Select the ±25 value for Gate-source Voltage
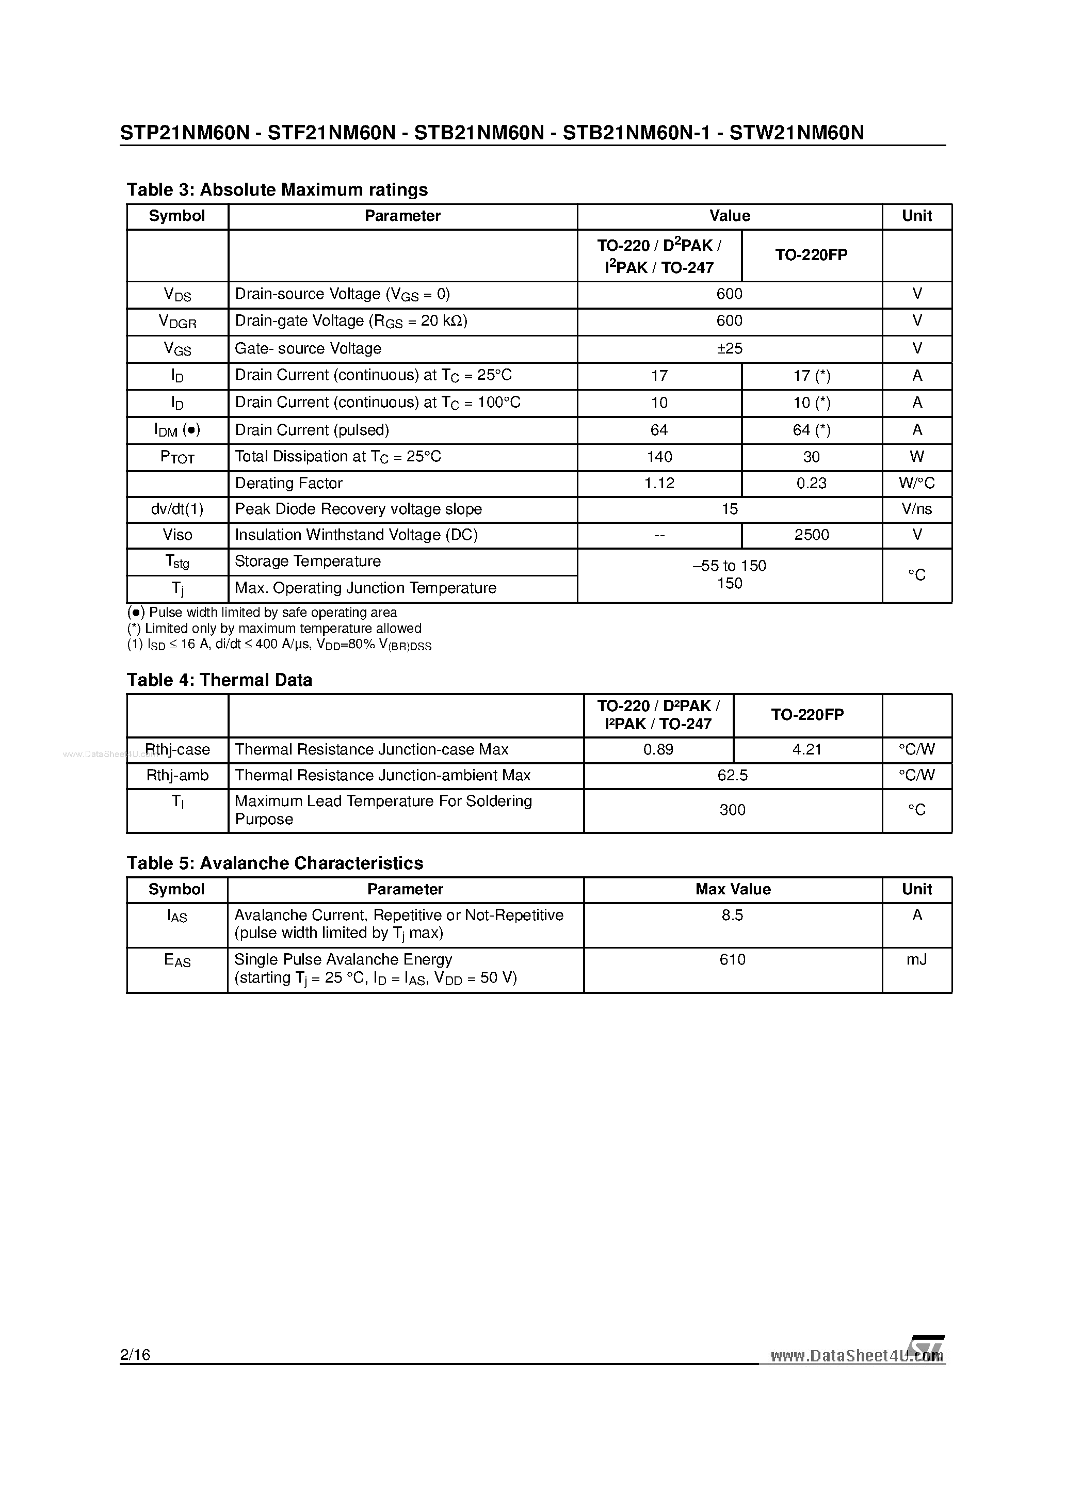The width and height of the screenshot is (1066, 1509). click(729, 348)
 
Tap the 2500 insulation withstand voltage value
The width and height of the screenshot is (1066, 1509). click(811, 535)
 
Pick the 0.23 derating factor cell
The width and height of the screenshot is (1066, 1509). click(811, 483)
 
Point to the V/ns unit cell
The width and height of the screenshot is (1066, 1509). click(916, 509)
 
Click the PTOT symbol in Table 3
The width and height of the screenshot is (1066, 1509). click(177, 457)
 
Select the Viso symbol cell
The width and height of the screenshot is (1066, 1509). click(177, 535)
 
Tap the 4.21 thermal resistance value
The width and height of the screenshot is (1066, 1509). click(806, 750)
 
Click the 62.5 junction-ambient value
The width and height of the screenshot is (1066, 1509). click(732, 776)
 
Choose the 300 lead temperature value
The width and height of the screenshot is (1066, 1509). click(732, 810)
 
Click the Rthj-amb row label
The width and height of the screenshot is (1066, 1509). click(177, 776)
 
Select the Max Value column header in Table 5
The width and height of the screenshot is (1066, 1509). click(732, 889)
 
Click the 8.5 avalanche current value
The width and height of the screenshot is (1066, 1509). click(732, 915)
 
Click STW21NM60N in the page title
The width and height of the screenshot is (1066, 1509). click(797, 134)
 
